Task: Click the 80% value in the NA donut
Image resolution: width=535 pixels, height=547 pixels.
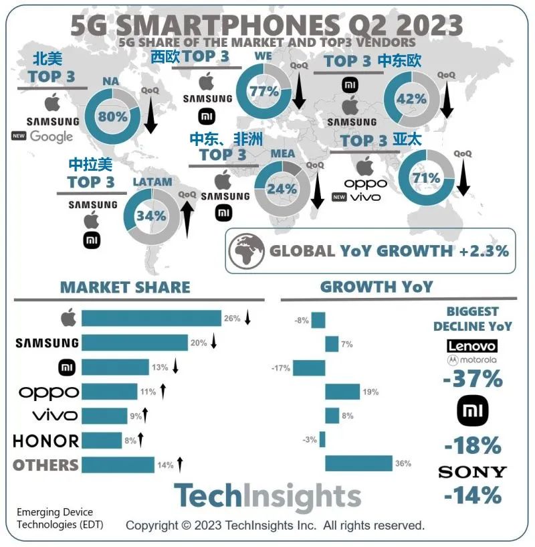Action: pyautogui.click(x=112, y=116)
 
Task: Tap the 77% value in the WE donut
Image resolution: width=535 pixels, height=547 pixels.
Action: pyautogui.click(x=263, y=91)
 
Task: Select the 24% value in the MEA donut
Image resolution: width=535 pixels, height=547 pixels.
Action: pyautogui.click(x=282, y=189)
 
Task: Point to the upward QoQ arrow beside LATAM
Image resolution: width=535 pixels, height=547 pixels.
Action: pyautogui.click(x=187, y=216)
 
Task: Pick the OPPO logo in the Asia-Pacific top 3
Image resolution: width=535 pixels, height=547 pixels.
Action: pyautogui.click(x=366, y=183)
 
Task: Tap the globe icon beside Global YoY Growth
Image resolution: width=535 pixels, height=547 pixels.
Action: pyautogui.click(x=245, y=251)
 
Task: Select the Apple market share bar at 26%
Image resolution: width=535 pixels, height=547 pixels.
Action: pyautogui.click(x=151, y=319)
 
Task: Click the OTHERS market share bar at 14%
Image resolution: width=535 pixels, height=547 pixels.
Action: pyautogui.click(x=118, y=465)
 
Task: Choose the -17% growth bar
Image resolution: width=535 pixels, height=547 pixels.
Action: pyautogui.click(x=309, y=368)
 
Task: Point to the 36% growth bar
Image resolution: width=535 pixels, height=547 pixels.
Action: pyautogui.click(x=358, y=463)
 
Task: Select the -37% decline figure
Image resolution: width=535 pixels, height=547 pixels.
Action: pyautogui.click(x=472, y=379)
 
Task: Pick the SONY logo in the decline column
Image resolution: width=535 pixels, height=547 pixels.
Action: pyautogui.click(x=472, y=472)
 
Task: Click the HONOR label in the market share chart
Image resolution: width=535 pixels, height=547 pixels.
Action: pyautogui.click(x=46, y=441)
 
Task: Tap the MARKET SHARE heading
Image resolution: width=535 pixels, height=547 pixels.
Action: pyautogui.click(x=125, y=287)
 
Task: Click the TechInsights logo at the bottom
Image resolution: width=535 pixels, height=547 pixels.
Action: pyautogui.click(x=267, y=497)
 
